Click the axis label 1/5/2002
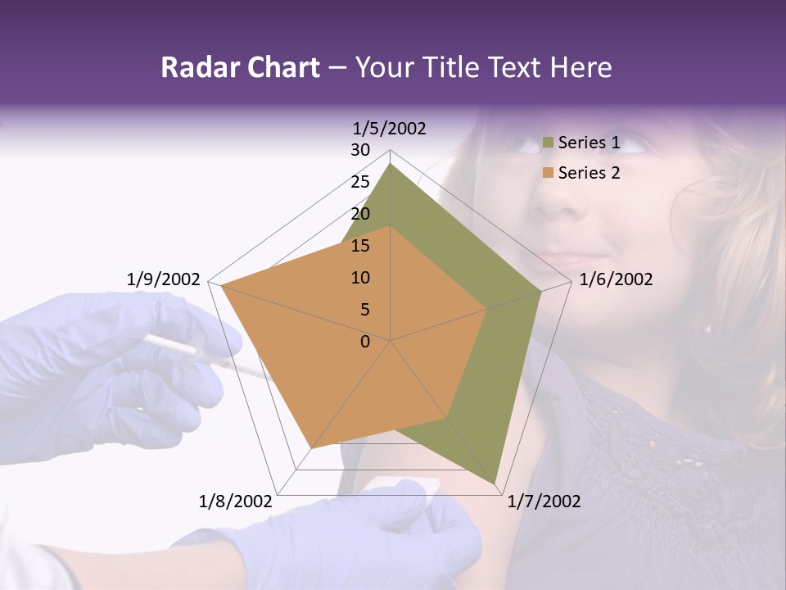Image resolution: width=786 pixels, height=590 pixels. click(389, 129)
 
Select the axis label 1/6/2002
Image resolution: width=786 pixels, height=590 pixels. click(616, 280)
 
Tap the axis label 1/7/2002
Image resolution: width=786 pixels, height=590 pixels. click(544, 501)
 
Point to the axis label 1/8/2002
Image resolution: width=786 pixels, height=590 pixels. click(236, 501)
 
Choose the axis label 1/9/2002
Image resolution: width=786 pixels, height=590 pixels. click(164, 280)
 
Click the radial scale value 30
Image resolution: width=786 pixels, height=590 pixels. click(360, 151)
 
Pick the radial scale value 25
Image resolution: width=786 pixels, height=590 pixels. click(360, 183)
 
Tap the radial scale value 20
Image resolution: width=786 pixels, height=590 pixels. click(360, 215)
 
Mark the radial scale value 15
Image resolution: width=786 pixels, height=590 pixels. click(360, 247)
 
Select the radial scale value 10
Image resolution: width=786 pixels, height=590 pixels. click(360, 279)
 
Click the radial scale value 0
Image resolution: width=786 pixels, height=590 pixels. click(365, 342)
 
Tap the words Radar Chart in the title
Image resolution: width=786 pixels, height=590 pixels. click(240, 68)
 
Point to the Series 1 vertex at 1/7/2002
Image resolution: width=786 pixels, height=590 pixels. click(495, 483)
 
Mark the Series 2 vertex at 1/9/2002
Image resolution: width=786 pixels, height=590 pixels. click(221, 285)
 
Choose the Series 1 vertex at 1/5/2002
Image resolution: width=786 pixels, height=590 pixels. click(391, 164)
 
